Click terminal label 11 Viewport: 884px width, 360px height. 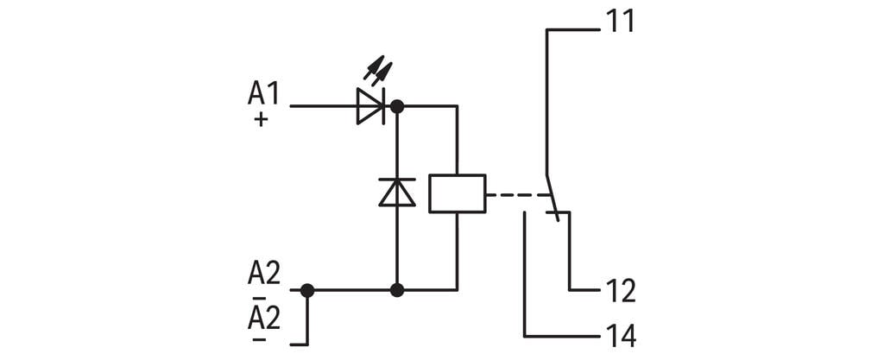[x=620, y=21]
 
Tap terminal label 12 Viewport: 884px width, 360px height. [x=620, y=291]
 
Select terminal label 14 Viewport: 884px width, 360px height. [x=620, y=335]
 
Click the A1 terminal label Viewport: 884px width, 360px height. [x=264, y=93]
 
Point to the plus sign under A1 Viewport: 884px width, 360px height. [x=261, y=121]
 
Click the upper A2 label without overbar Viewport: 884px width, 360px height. [x=264, y=274]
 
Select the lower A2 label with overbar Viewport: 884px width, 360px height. [x=264, y=319]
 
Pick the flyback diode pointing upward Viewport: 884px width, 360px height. [x=397, y=192]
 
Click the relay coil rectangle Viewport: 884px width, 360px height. [x=457, y=193]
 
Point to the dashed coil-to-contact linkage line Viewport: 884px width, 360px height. [x=515, y=195]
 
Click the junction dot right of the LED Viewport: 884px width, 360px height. [x=397, y=106]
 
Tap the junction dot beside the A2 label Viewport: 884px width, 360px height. [x=307, y=290]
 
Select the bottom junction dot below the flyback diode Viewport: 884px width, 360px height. [x=397, y=290]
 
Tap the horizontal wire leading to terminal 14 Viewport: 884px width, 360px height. [x=561, y=335]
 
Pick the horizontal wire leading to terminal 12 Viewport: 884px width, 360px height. [x=584, y=290]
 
